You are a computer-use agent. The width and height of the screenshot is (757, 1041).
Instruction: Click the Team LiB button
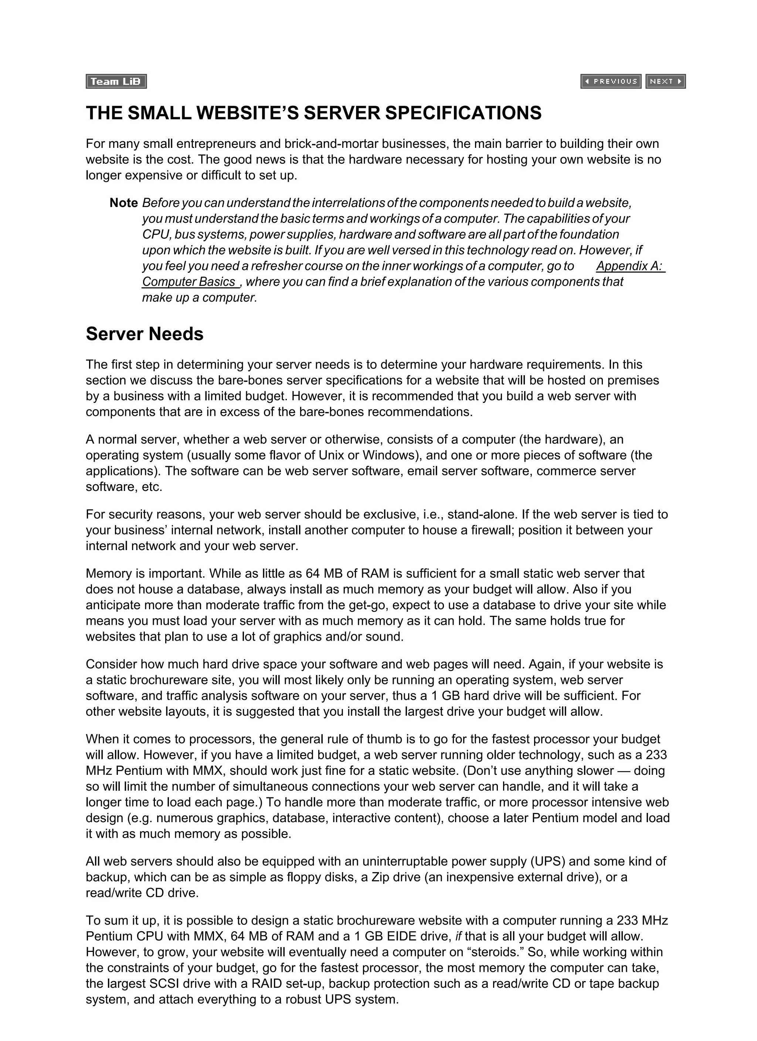[116, 82]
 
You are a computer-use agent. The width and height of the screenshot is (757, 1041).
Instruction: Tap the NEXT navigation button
[665, 81]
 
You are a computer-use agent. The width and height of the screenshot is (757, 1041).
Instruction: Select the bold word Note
[123, 203]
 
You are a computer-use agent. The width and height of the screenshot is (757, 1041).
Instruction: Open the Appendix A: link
[630, 266]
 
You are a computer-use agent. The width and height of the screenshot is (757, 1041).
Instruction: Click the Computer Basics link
[190, 281]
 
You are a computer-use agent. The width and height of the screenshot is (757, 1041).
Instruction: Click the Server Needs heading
[144, 334]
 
